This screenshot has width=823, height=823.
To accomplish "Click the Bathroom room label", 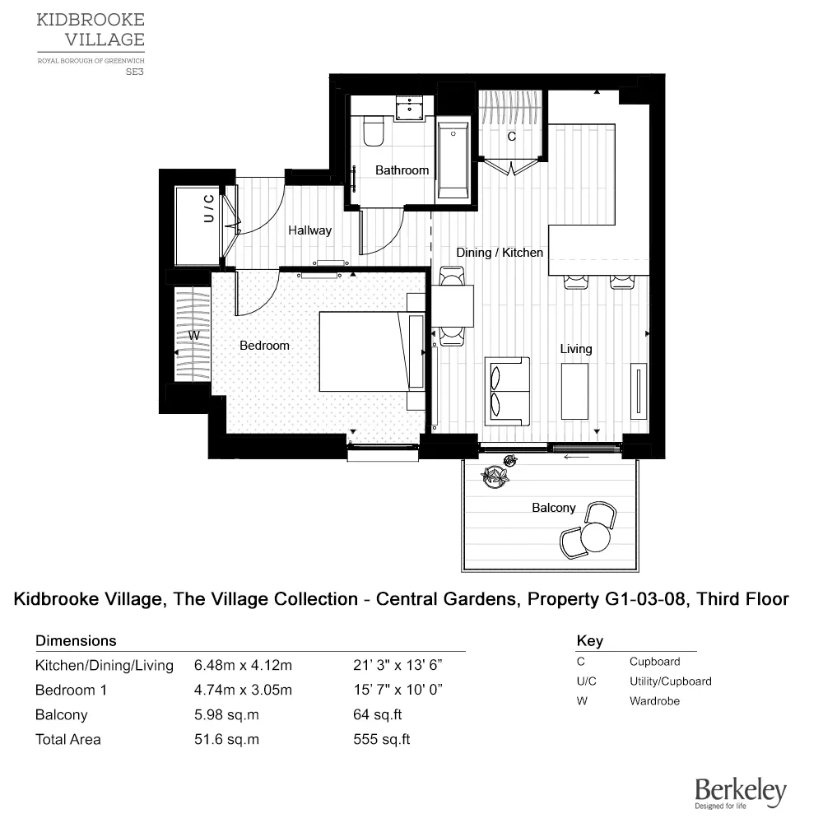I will coord(402,170).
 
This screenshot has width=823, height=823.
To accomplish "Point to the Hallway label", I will coord(309,230).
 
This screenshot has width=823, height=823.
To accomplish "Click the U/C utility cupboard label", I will coord(209,209).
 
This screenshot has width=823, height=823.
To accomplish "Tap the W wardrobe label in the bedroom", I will coord(194,336).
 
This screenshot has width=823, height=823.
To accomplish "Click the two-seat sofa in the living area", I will coord(506,391).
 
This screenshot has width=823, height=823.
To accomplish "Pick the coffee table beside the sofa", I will coord(574,390).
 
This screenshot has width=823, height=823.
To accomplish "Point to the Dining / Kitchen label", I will coord(500,253).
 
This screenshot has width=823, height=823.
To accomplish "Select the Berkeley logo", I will coord(740,793).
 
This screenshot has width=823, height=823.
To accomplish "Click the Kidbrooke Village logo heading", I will coord(91,30).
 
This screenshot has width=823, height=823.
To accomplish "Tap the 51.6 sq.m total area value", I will coord(226,739).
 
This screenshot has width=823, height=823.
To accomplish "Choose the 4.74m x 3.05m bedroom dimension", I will coord(243,690).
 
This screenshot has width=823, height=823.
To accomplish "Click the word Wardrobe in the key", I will coord(654,701).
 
